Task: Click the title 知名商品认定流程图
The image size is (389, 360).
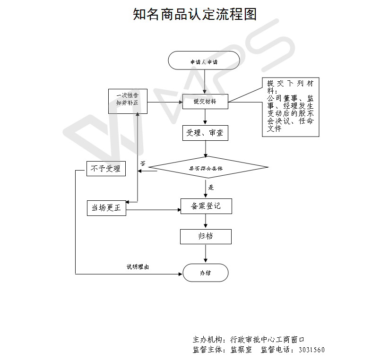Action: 195,15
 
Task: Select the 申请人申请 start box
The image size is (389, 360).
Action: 204,61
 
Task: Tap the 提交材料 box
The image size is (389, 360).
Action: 205,101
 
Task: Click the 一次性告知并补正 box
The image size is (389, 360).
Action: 128,101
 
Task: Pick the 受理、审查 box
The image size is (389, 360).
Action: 206,133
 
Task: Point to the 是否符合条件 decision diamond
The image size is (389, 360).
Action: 206,168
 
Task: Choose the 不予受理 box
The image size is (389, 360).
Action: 106,168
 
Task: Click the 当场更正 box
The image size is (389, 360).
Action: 106,208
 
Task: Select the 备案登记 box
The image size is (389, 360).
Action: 206,206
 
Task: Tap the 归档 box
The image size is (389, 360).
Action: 206,236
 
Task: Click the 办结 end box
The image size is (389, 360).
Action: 205,273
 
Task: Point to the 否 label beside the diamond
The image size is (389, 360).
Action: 143,163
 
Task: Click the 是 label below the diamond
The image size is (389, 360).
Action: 211,188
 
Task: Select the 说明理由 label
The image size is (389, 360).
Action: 138,267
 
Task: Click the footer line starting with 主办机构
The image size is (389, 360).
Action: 248,340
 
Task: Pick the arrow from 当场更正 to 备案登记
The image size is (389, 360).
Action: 154,210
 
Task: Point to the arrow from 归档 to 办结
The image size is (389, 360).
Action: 206,254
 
